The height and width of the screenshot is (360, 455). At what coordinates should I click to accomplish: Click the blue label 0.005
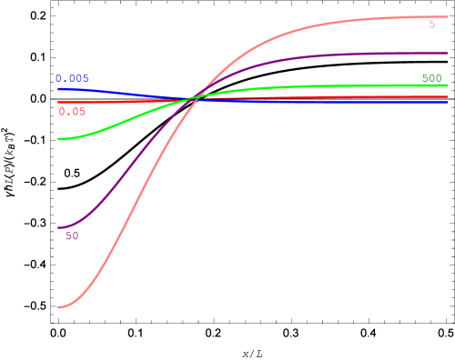coord(72,79)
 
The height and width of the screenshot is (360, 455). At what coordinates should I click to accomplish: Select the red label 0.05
coord(72,112)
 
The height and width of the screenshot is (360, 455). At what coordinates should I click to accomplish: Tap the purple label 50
coord(72,236)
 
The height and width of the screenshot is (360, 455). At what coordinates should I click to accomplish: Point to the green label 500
coord(431,78)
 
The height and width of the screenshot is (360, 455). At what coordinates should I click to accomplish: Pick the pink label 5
coord(432,25)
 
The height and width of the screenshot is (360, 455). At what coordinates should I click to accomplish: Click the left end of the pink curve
coord(58,307)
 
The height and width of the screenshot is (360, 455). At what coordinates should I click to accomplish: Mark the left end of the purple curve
coord(58,227)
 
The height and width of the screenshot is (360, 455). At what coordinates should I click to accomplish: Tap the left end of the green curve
coord(58,139)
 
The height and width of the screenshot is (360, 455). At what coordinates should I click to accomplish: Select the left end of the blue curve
coord(58,88)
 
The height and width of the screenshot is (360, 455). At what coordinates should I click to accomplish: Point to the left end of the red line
coord(58,102)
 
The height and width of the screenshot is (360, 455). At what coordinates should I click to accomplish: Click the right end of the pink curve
coord(447,16)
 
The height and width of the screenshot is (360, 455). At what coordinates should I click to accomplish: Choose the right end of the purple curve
coord(447,53)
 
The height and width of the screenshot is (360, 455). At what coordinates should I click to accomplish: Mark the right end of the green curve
coord(447,85)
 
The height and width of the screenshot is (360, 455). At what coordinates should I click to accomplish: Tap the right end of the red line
coord(447,96)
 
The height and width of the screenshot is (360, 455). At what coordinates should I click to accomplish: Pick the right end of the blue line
coord(447,102)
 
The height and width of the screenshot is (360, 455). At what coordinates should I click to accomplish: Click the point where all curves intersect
coord(194,97)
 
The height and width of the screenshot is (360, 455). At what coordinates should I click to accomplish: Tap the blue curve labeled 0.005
coord(118,93)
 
